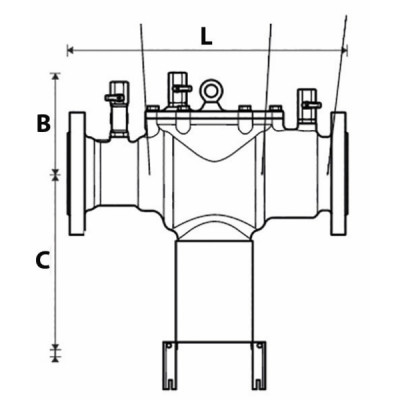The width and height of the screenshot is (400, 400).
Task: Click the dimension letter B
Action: [x=43, y=124]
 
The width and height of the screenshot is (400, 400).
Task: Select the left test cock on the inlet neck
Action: [x=118, y=101]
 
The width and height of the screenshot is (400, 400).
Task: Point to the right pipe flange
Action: [x=338, y=175]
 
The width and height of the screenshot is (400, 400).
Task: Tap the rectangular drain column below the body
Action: [x=212, y=290]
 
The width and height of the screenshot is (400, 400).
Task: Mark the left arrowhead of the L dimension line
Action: [x=70, y=48]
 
